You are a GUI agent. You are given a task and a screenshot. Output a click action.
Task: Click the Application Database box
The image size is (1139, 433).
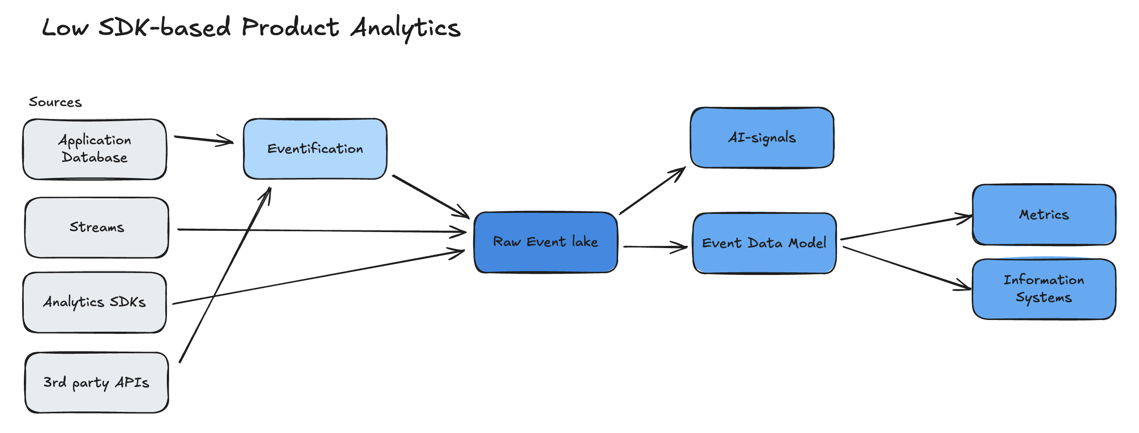94,149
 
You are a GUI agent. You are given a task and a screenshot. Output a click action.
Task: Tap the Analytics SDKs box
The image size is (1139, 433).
94,302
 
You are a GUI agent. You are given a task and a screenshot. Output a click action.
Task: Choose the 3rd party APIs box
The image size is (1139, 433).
96,382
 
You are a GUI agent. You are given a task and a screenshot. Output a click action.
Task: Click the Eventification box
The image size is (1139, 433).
315,149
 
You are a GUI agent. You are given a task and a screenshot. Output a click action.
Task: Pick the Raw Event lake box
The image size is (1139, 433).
545,242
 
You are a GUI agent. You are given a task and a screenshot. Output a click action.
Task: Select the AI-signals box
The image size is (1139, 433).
762,137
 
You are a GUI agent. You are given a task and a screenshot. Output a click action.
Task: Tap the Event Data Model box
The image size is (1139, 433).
764,243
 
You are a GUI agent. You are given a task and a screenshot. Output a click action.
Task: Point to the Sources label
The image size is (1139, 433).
55,102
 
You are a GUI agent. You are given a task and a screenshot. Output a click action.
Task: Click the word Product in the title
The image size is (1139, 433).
290,27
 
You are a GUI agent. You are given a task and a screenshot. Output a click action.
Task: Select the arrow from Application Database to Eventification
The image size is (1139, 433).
203,139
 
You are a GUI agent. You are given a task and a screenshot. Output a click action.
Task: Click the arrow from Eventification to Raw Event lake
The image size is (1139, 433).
430,196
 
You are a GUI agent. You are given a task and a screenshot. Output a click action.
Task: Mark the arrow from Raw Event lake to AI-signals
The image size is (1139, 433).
652,191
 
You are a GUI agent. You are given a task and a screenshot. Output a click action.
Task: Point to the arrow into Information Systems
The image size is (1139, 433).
906,268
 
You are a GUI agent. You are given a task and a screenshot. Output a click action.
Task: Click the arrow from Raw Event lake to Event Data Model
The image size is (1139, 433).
654,247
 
